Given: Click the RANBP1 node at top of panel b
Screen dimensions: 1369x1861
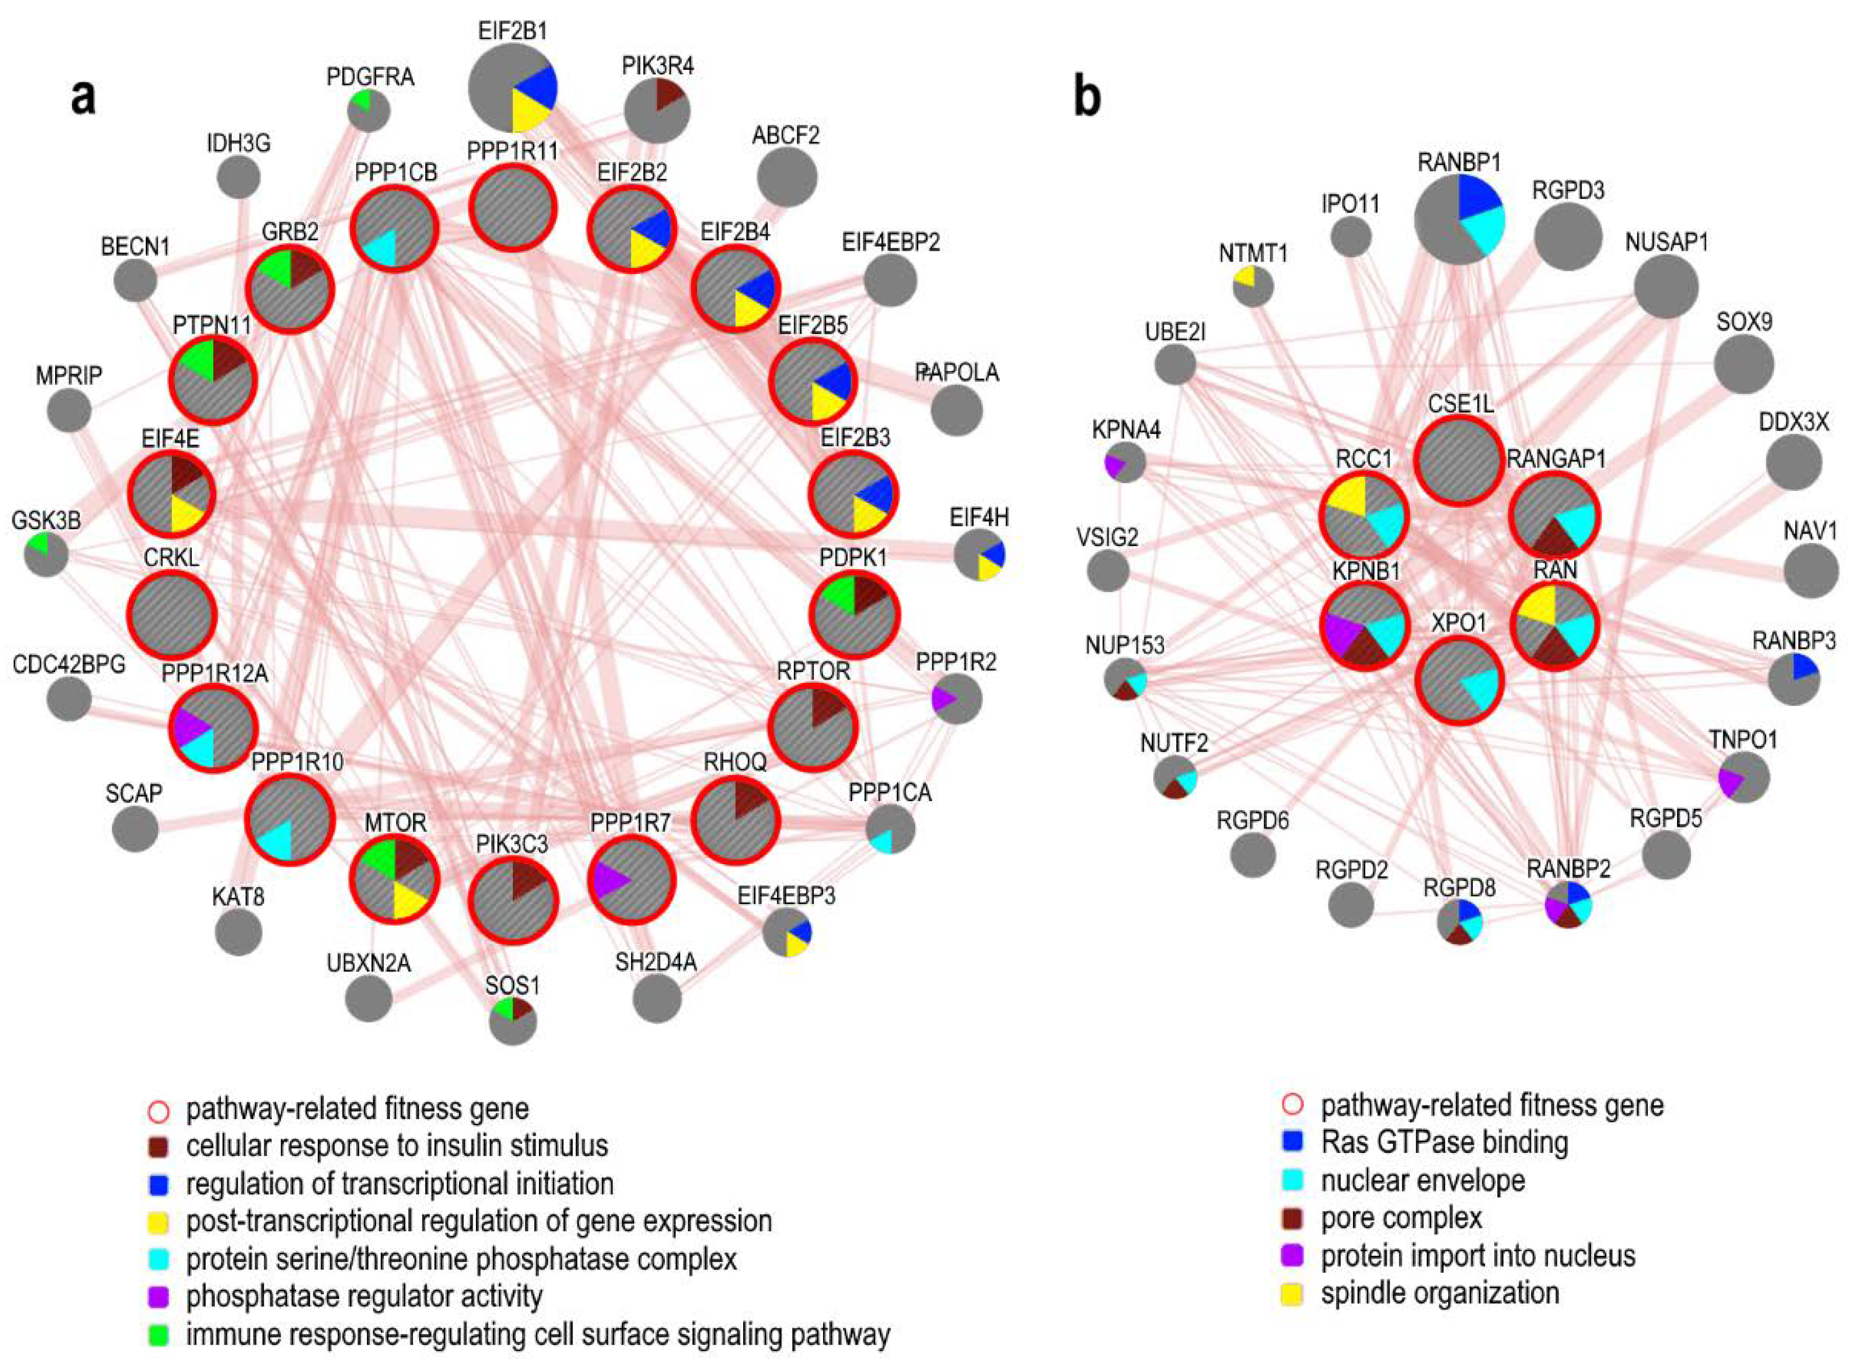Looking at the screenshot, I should [1459, 220].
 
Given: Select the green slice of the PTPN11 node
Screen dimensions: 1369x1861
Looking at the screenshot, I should [195, 361].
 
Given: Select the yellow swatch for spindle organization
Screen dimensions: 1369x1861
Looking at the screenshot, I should [1292, 1294].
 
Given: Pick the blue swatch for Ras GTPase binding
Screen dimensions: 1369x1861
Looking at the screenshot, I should [1292, 1143].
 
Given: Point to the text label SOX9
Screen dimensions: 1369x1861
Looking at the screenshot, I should [1743, 321].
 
